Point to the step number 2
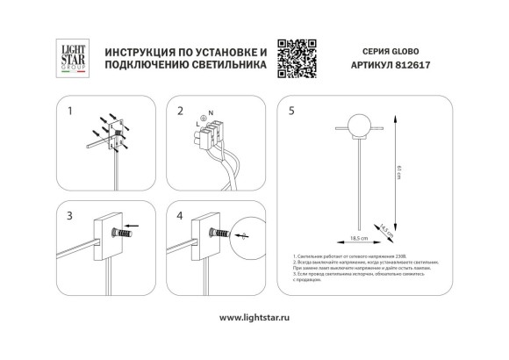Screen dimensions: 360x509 click(180, 112)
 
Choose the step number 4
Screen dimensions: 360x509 click(180, 214)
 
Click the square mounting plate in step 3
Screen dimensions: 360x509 click(111, 234)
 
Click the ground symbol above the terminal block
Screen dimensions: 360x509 click(205, 115)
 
